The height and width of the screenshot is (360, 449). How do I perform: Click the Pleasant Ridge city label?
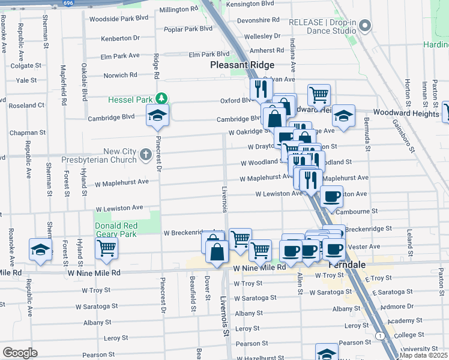point(242,65)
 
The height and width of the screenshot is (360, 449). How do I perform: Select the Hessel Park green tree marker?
point(160,98)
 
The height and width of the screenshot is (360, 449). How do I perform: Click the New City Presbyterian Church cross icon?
point(145,155)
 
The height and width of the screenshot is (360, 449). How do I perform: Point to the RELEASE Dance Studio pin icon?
point(365,25)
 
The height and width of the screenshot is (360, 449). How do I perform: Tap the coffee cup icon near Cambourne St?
point(331,196)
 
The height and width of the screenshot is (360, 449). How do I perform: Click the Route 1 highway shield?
point(379,334)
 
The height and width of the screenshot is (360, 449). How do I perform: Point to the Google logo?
point(20,352)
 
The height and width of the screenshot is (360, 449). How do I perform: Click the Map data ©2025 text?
point(424,355)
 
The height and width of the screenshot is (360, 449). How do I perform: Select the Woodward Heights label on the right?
point(406,113)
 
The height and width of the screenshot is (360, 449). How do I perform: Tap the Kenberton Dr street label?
point(120,38)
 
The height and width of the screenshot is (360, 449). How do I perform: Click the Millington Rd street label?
point(178,10)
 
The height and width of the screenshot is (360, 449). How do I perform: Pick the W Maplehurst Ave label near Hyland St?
point(121,182)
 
